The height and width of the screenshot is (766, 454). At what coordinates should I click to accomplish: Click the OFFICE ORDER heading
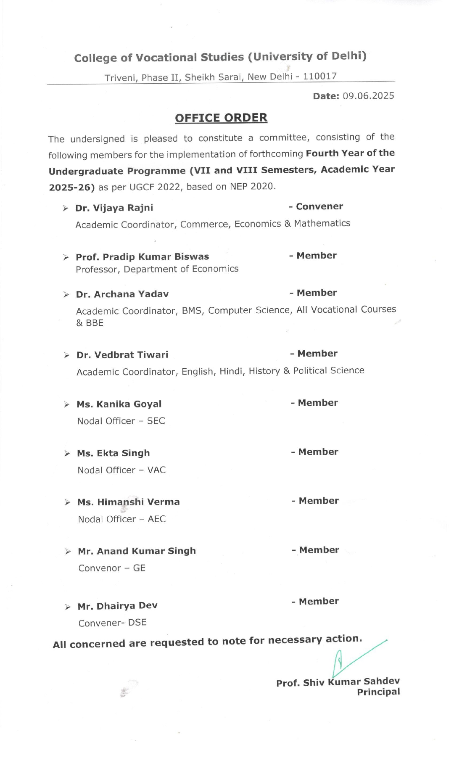point(221,118)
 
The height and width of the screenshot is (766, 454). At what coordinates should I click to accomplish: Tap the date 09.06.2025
point(368,96)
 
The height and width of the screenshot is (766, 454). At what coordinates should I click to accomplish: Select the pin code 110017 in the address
point(320,76)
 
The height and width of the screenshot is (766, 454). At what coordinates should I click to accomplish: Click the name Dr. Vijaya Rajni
point(114,208)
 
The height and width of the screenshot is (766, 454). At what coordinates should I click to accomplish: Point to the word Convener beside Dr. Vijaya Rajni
point(319,206)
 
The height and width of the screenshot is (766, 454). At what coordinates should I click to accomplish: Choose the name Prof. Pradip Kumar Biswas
point(143,257)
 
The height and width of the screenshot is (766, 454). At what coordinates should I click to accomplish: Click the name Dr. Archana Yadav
point(122,294)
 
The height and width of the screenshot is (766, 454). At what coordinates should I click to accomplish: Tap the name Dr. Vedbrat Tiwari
point(122,355)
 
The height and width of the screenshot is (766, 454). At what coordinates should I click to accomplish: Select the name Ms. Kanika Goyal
point(119,404)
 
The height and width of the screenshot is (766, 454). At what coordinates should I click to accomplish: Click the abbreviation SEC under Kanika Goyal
point(156,421)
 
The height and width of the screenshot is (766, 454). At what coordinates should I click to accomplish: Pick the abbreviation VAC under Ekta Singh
point(156,470)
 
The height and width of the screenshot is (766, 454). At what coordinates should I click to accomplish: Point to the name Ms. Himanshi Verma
point(128,502)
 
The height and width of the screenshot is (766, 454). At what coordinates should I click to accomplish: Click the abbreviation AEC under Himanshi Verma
point(157,519)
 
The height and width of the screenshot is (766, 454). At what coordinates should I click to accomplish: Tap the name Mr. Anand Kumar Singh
point(137,551)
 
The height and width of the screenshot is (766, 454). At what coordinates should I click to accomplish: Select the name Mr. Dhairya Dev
point(118,606)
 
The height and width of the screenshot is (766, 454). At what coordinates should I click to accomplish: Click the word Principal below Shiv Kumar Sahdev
point(378,692)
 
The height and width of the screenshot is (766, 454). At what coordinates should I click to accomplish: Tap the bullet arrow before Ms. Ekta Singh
point(67,454)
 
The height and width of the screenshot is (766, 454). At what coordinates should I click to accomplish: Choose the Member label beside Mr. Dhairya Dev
point(319,602)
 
